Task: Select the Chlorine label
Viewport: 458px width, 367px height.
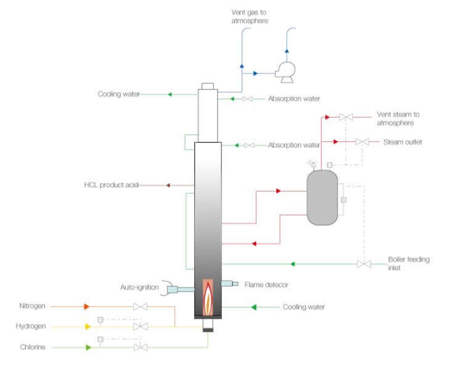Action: click(33, 348)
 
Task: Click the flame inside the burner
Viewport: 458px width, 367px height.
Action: click(209, 297)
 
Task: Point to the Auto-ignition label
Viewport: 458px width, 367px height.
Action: click(139, 287)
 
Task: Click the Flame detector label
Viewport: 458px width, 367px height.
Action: click(266, 284)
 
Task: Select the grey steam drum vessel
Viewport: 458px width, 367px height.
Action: click(322, 197)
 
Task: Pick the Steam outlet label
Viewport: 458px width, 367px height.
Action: click(402, 142)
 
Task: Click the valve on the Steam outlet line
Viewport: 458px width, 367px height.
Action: click(362, 142)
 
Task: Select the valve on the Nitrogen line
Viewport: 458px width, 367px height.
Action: click(141, 306)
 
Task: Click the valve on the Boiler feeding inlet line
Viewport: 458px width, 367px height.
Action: click(362, 264)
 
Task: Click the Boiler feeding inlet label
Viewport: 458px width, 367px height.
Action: click(409, 263)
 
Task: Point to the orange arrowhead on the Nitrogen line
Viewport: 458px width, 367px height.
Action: click(87, 306)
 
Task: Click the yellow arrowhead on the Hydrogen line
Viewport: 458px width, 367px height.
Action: click(87, 326)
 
